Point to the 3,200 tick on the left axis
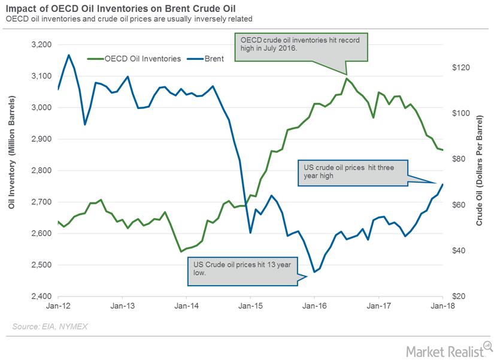pyautogui.click(x=41, y=45)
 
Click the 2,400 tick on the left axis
pyautogui.click(x=41, y=297)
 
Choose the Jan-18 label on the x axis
pyautogui.click(x=442, y=305)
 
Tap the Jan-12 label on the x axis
pyautogui.click(x=59, y=305)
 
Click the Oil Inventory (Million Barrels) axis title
pyautogui.click(x=11, y=170)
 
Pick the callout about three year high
pyautogui.click(x=351, y=173)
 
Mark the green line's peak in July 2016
pyautogui.click(x=347, y=78)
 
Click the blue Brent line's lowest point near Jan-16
pyautogui.click(x=314, y=272)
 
